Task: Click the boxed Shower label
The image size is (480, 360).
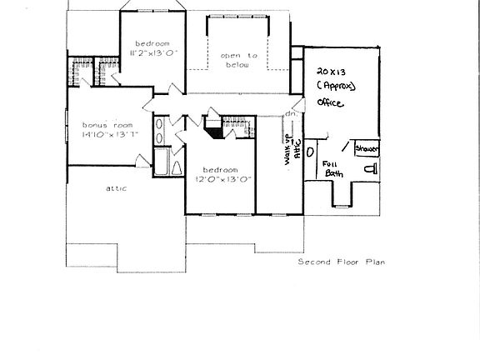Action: click(367, 148)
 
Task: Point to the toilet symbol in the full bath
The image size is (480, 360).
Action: click(371, 169)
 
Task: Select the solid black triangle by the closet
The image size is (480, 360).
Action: click(214, 132)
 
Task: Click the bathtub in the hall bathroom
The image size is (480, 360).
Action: click(162, 162)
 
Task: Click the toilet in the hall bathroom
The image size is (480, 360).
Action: click(177, 169)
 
